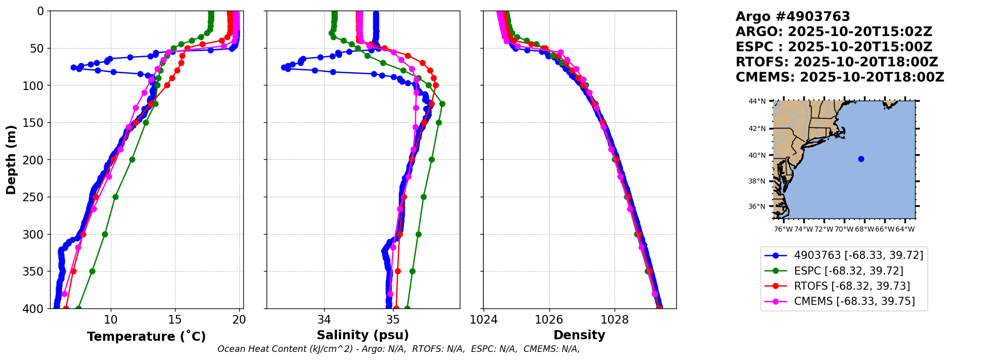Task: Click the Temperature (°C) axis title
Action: tap(146, 337)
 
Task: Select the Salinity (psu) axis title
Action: tap(363, 335)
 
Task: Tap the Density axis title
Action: tap(579, 335)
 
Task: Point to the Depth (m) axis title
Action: tap(11, 160)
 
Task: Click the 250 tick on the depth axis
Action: tap(35, 197)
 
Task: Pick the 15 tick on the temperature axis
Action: tap(175, 320)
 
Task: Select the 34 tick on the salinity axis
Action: tap(324, 320)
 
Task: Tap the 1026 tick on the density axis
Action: tap(549, 320)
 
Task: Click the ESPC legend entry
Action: tap(848, 271)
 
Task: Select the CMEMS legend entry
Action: tap(854, 301)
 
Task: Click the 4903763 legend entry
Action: tap(858, 255)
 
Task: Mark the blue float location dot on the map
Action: tap(861, 159)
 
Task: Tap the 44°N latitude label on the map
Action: tap(757, 101)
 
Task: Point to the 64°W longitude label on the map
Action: tap(905, 230)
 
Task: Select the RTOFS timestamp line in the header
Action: tap(837, 62)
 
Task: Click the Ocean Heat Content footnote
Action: tap(398, 349)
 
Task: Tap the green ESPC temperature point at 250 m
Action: tap(115, 197)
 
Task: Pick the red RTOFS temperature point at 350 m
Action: tap(73, 271)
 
